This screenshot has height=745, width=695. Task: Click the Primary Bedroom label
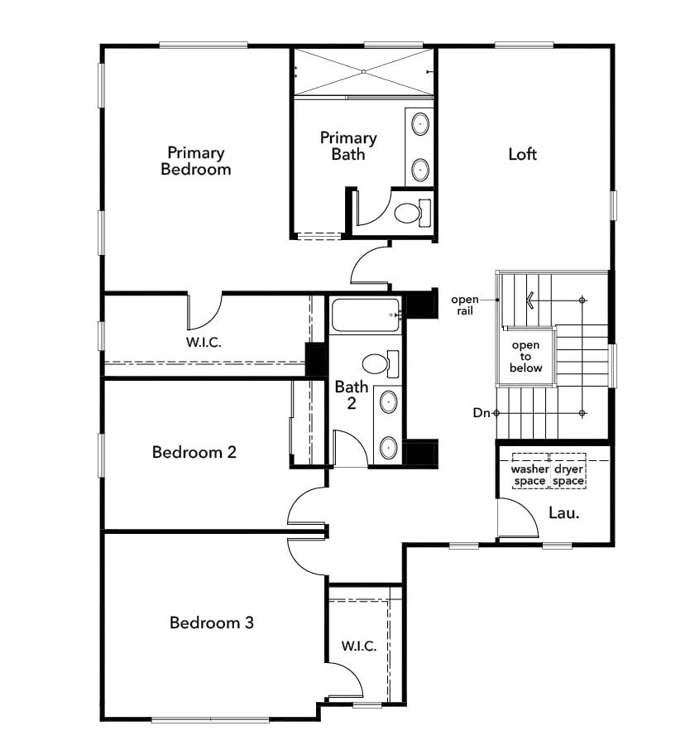pyautogui.click(x=196, y=161)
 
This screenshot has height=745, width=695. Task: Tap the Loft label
pyautogui.click(x=522, y=154)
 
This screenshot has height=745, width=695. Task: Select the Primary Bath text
pyautogui.click(x=348, y=146)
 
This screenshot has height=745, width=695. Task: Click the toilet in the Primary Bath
pyautogui.click(x=412, y=214)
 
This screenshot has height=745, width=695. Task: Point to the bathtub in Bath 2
pyautogui.click(x=366, y=315)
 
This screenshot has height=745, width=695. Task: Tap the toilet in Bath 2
pyautogui.click(x=381, y=364)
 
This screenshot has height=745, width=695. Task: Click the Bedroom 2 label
pyautogui.click(x=194, y=452)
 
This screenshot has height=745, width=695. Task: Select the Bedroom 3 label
pyautogui.click(x=212, y=622)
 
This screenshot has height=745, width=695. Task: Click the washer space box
pyautogui.click(x=530, y=471)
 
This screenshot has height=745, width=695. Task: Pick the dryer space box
pyautogui.click(x=568, y=471)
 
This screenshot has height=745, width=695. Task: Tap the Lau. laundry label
pyautogui.click(x=564, y=512)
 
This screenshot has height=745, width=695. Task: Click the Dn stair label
pyautogui.click(x=482, y=413)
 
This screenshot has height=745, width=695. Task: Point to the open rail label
pyautogui.click(x=465, y=305)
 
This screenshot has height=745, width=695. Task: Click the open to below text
pyautogui.click(x=525, y=356)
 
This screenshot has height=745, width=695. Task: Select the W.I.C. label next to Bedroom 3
pyautogui.click(x=358, y=646)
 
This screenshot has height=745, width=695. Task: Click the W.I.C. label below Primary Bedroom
pyautogui.click(x=204, y=342)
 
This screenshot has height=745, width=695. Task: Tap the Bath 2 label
pyautogui.click(x=352, y=395)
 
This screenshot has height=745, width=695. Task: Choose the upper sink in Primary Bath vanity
pyautogui.click(x=420, y=124)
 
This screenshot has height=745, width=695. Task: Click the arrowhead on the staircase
pyautogui.click(x=530, y=300)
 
